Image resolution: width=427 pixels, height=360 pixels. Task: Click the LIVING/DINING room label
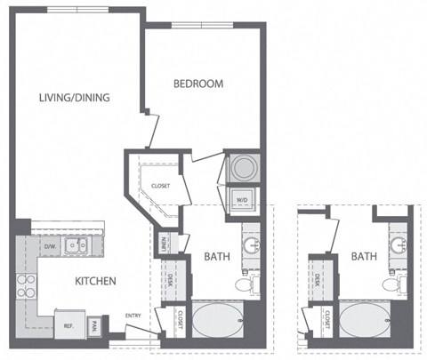tap(74, 98)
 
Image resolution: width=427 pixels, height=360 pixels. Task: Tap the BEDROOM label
tap(197, 84)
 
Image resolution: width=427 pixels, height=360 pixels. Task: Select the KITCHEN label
tap(95, 282)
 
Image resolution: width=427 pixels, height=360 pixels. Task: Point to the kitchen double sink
tap(79, 246)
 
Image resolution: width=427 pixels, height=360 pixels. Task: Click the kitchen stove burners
tap(24, 284)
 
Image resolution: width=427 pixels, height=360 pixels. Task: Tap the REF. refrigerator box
tap(67, 325)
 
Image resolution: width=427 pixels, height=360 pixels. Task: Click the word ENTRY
tap(133, 316)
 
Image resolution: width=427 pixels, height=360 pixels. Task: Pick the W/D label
tap(242, 200)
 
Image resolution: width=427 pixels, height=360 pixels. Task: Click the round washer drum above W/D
tap(242, 167)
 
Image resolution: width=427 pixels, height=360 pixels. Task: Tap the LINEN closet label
tap(165, 242)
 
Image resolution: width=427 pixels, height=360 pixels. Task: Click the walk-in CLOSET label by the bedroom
tap(160, 186)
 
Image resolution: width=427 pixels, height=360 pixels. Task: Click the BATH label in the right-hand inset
tap(363, 256)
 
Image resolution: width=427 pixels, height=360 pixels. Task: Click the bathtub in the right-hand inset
tap(364, 321)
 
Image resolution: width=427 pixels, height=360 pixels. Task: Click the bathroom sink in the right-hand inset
tap(396, 242)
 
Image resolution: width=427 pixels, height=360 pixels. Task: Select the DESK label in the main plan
tap(170, 279)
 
